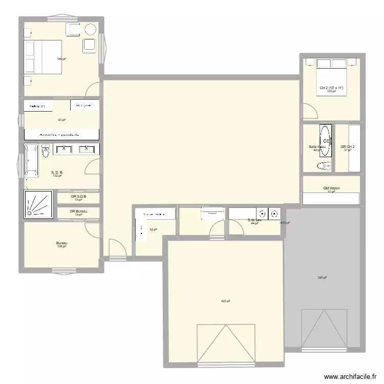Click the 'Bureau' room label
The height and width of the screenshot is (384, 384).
62,243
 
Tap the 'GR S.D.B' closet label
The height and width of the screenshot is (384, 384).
78,196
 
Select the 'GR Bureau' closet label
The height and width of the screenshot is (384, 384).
78,211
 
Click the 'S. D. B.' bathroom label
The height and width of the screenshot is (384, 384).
57,173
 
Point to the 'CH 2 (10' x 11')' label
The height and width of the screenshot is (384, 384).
331,88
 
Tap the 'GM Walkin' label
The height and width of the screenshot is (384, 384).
332,188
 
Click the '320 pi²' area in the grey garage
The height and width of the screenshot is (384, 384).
322,278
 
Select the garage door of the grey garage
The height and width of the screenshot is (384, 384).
320,330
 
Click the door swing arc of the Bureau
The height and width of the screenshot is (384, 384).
93,230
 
